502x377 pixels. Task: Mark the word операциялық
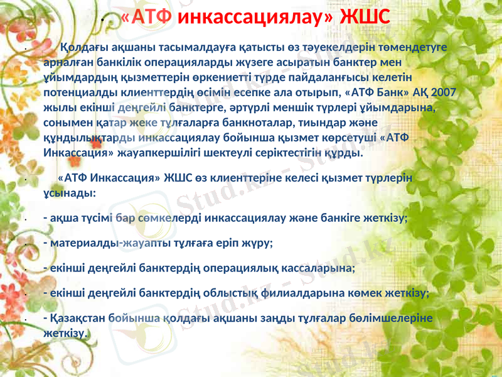(248, 268)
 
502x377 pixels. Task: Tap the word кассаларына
(321, 268)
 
